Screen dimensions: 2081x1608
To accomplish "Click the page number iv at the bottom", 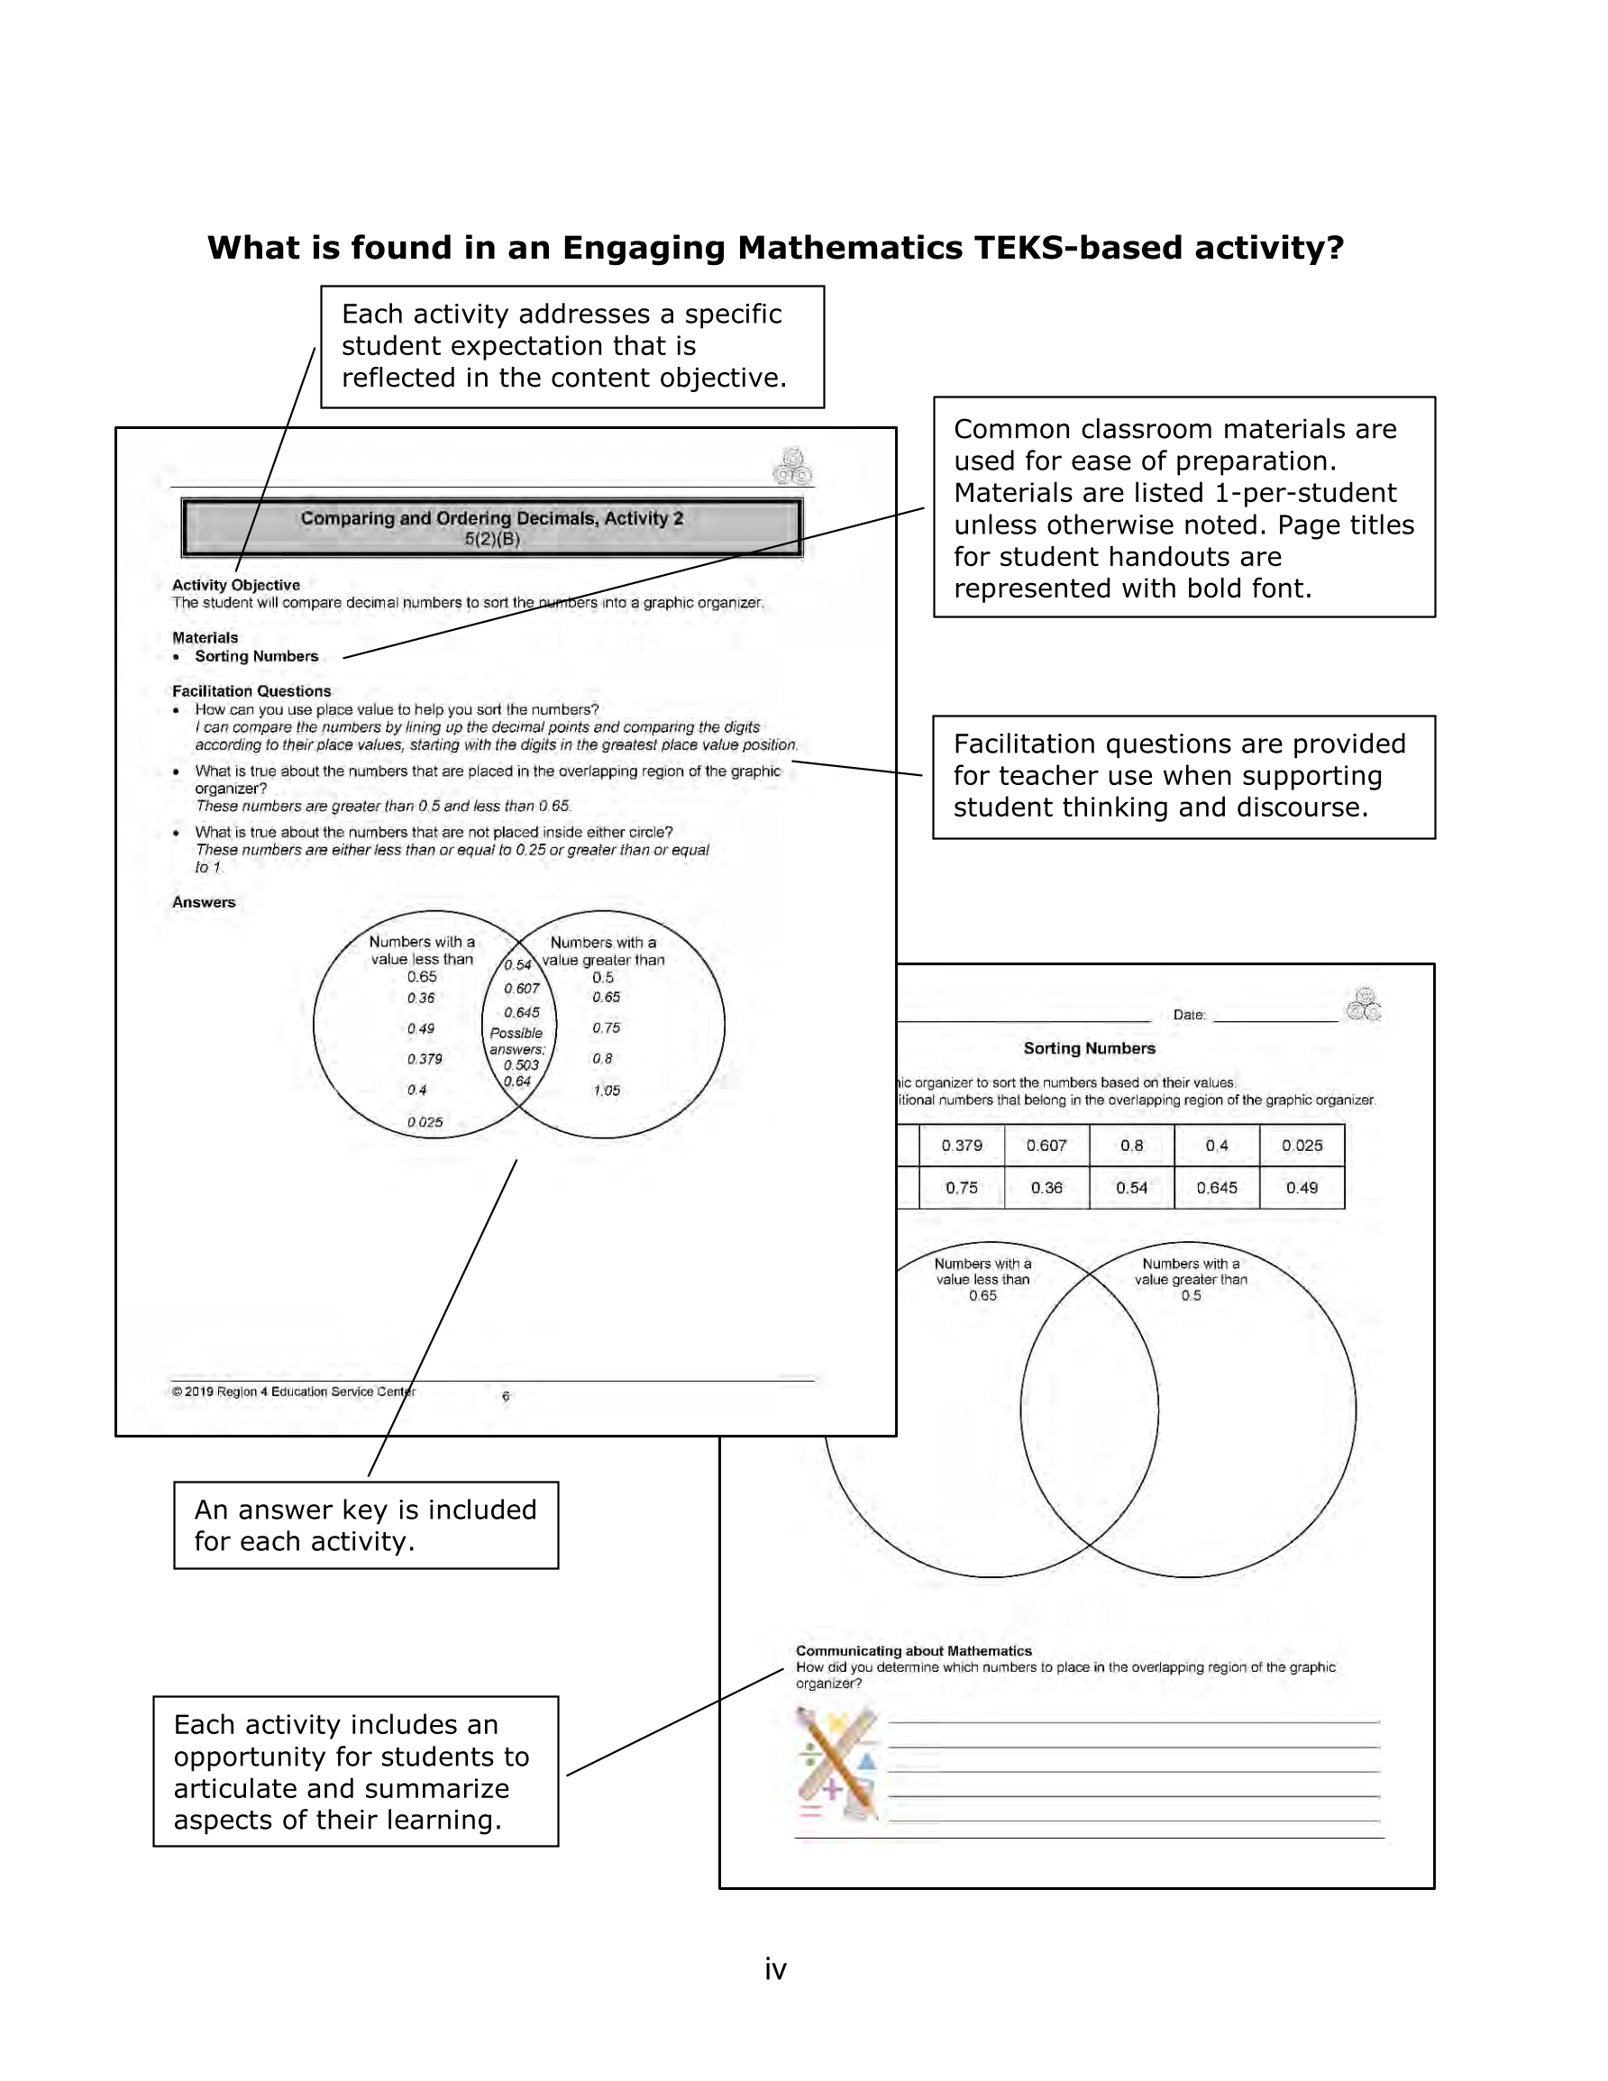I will pos(775,1968).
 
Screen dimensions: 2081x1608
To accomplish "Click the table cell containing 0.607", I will pos(1046,1145).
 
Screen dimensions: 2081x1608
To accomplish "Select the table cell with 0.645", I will pos(1216,1188).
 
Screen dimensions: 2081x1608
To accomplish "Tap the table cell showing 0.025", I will pos(1301,1145).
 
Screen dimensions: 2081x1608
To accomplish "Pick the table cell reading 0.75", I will pos(961,1188).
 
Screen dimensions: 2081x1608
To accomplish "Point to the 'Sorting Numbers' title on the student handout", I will pos(1089,1048).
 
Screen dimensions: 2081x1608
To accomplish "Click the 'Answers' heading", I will pos(203,902).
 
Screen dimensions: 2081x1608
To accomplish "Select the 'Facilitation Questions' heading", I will pos(251,690).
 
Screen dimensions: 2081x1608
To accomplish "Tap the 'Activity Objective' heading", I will pos(235,585).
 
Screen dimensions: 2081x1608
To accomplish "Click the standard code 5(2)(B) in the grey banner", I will pos(492,539).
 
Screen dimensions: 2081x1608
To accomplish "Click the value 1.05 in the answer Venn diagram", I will pos(607,1090).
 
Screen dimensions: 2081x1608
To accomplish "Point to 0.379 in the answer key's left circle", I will pos(425,1059).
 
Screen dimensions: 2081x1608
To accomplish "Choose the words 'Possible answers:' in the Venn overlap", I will pos(516,1040).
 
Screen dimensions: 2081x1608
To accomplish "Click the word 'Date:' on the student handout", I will pos(1189,1015).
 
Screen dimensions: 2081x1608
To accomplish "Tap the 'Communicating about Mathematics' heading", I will pos(913,1650).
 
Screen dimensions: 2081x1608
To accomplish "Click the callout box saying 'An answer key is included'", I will pos(366,1526).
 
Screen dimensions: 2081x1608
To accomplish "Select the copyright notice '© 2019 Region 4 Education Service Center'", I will pos(294,1392).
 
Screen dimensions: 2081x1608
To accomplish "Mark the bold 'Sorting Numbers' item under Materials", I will pos(256,656).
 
